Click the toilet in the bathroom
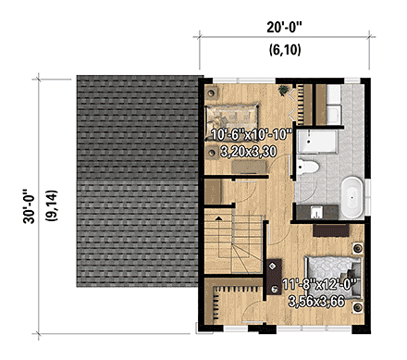[310, 168]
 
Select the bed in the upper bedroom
[237, 116]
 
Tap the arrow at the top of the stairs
[218, 217]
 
